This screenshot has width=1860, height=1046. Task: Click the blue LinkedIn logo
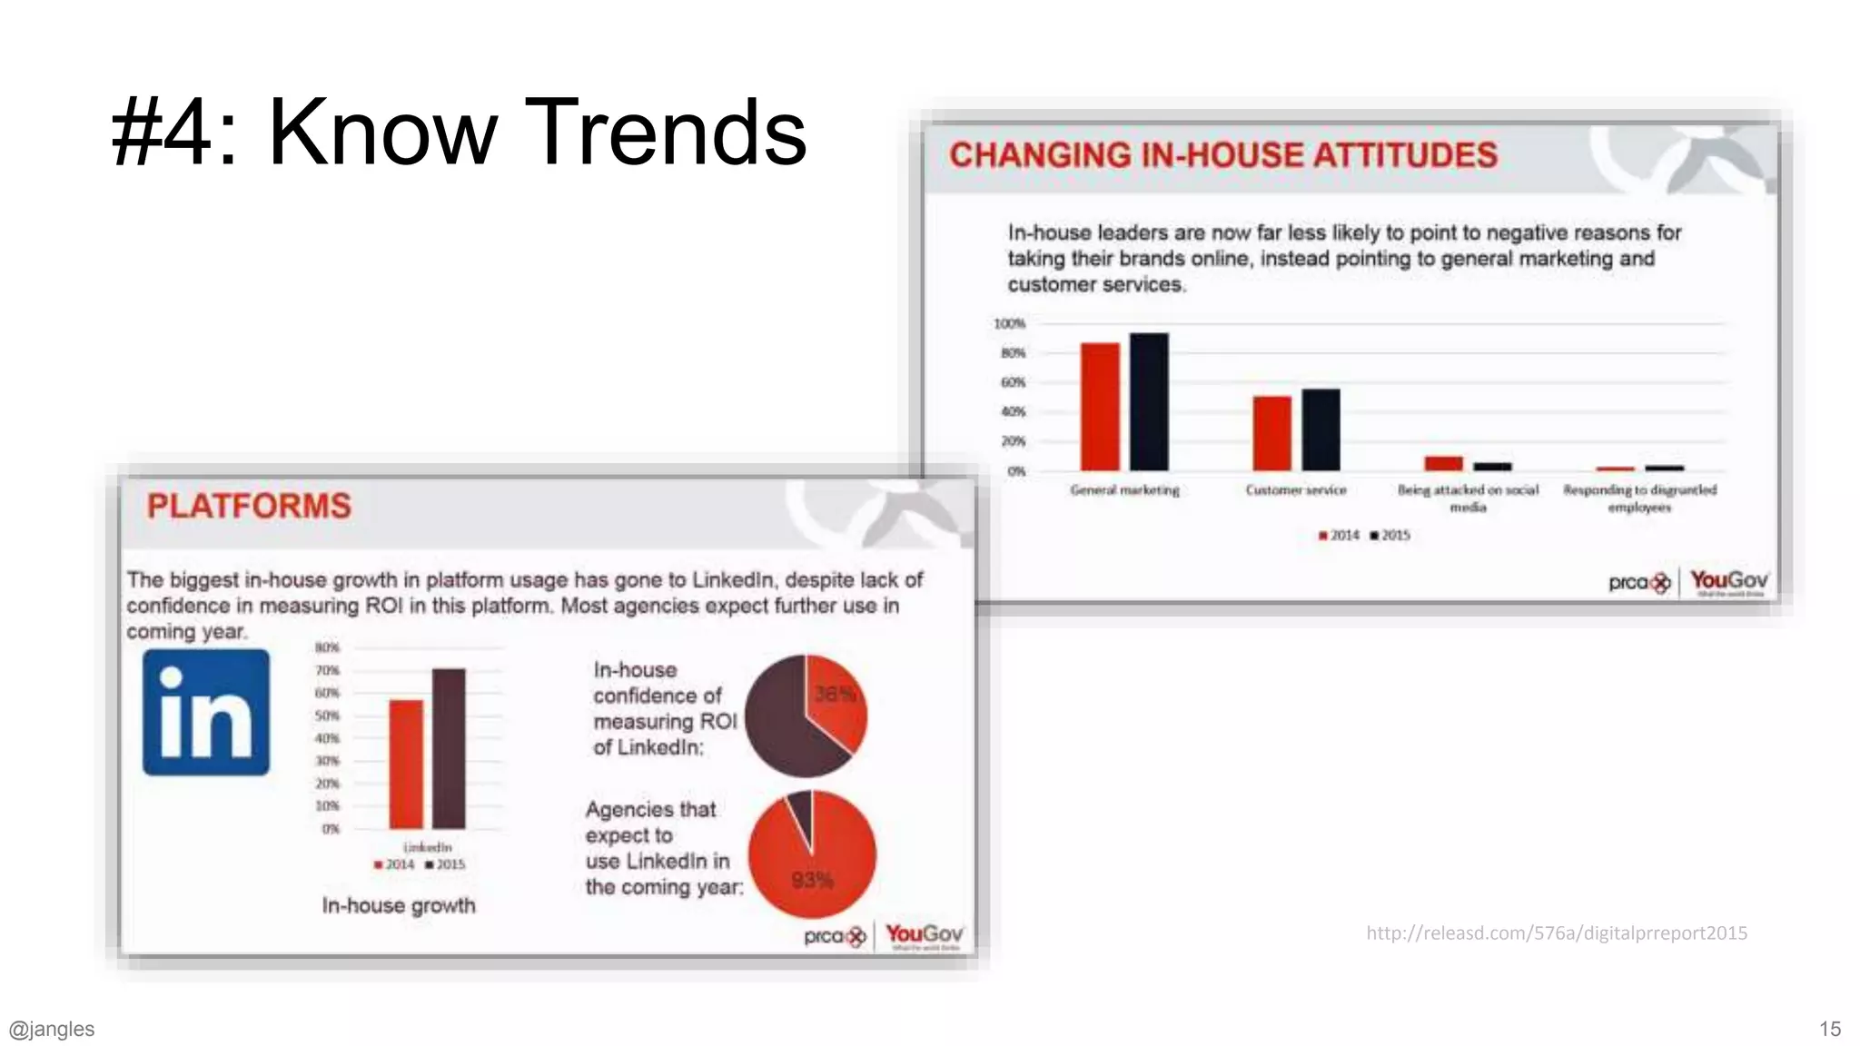(206, 713)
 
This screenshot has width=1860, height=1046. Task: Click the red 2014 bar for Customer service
(1271, 433)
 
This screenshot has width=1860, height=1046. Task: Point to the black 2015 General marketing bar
(1149, 401)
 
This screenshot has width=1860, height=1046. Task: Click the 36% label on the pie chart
(834, 695)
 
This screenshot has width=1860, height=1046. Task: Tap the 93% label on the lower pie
(811, 880)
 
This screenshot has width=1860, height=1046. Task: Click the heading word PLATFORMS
(249, 506)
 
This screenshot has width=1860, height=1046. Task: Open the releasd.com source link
(1556, 933)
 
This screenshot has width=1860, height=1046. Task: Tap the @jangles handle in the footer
(52, 1029)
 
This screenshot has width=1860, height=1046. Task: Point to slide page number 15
(1829, 1029)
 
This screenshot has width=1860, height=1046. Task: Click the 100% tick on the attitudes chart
(1009, 323)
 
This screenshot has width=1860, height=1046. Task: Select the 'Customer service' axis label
(1295, 490)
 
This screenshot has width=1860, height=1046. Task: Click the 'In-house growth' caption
(399, 905)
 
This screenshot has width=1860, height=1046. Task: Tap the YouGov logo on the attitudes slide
(1728, 581)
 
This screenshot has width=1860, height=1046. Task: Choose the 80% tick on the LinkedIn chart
(327, 647)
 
